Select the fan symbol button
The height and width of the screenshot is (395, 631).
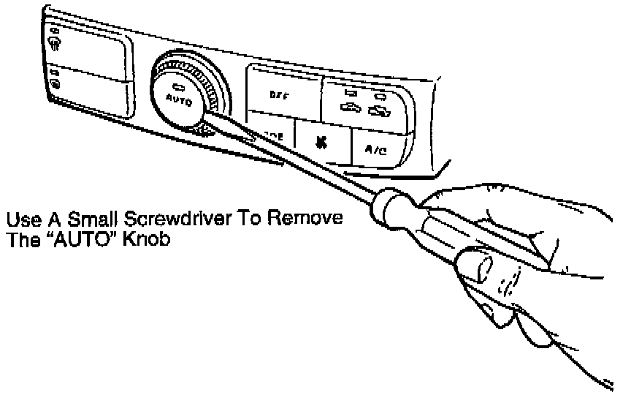321,140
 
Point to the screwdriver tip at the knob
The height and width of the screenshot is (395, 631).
207,112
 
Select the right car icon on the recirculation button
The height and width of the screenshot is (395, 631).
377,110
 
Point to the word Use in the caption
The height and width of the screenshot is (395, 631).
20,220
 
